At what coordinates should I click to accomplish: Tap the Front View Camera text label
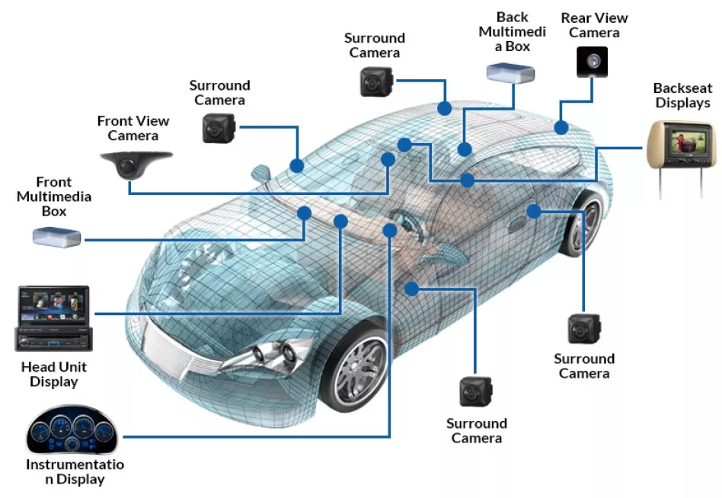pos(133,128)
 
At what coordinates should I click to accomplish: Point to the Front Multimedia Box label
pos(54,196)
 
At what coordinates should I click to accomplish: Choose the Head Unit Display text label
pos(53,374)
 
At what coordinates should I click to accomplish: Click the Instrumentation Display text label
pos(75,471)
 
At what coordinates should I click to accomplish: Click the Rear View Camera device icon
pos(591,61)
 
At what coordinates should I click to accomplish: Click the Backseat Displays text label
pos(682,96)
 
